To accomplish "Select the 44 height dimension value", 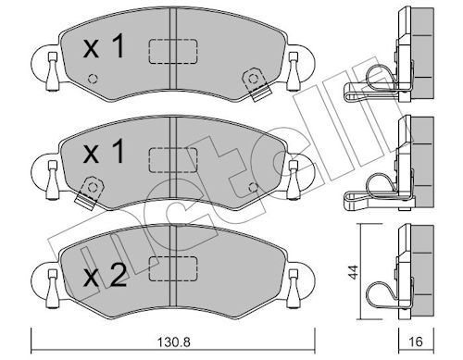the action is pos(354,272).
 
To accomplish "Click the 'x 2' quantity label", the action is pos(105,277).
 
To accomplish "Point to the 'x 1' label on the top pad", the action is pos(104,46).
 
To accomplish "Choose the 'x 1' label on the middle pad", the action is pos(104,151).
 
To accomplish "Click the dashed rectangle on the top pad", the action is pos(173,52).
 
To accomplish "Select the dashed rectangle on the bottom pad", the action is pos(173,268).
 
